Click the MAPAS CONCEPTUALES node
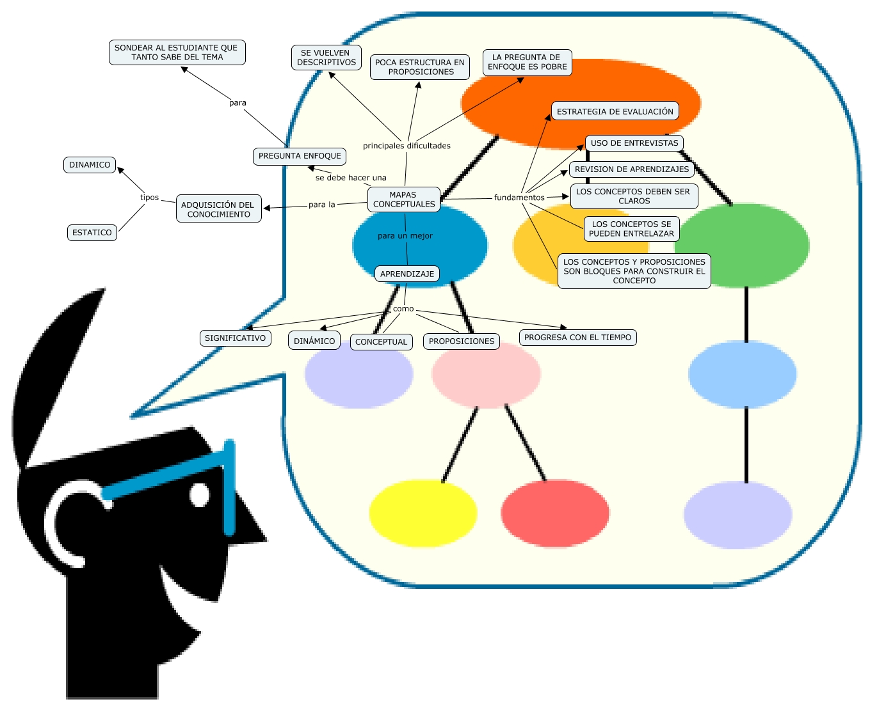pos(403,199)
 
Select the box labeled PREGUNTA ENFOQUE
pos(300,156)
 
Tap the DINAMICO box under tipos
pos(90,165)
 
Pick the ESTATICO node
pos(92,233)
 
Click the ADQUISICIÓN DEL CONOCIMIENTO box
pos(218,209)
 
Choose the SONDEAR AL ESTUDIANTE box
pos(177,52)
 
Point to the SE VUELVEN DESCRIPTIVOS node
pos(326,58)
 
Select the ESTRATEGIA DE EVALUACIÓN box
pos(615,111)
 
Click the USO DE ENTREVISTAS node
pos(634,143)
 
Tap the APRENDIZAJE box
pos(407,274)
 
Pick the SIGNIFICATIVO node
pos(235,338)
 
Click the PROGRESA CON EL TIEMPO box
pos(577,338)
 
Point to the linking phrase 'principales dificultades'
pos(407,146)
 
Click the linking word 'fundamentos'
pos(519,198)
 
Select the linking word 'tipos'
pos(149,198)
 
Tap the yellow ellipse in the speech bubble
pos(423,513)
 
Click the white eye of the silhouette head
pos(199,495)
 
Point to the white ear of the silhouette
pos(64,518)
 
